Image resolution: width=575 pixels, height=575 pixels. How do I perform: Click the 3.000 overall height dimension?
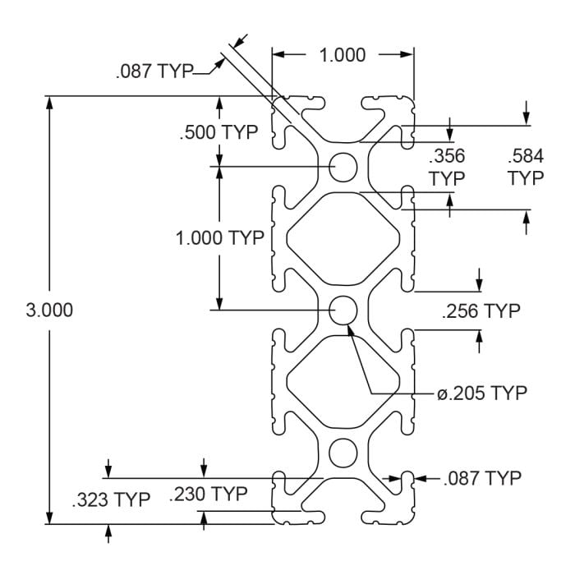click(x=50, y=310)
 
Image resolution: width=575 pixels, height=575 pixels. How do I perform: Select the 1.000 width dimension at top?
click(x=343, y=54)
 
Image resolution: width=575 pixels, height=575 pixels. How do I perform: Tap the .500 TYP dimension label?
click(x=218, y=131)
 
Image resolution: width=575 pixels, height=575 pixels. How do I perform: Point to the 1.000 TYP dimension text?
click(x=219, y=238)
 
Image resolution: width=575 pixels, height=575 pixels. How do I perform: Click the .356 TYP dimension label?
click(x=447, y=166)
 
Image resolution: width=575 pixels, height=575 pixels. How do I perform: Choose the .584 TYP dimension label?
click(x=526, y=166)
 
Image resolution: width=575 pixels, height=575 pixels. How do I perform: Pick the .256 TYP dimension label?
click(x=481, y=311)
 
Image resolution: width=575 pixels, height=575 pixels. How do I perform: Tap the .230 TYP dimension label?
click(x=208, y=494)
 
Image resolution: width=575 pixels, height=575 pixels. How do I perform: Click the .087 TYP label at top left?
click(x=154, y=72)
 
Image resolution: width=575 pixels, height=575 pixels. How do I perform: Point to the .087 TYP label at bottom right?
click(x=481, y=477)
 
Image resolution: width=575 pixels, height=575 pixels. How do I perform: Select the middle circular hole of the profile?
click(x=343, y=310)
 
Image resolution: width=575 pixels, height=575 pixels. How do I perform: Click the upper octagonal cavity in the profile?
click(x=343, y=238)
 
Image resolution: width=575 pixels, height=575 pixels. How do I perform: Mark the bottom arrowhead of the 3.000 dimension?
click(x=50, y=518)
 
